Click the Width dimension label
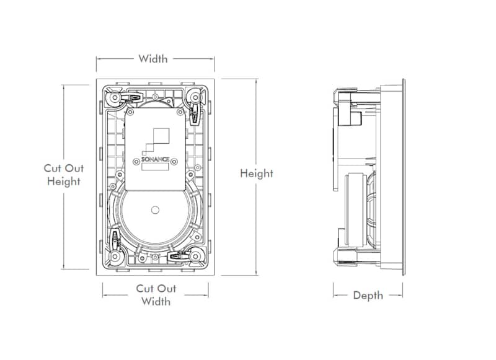click(153, 59)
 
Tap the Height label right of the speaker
click(256, 173)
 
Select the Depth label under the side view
click(368, 296)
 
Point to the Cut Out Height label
click(63, 175)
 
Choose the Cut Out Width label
click(156, 295)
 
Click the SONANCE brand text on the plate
click(154, 159)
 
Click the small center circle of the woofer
click(155, 209)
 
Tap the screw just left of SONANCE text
click(135, 159)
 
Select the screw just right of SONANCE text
click(175, 159)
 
